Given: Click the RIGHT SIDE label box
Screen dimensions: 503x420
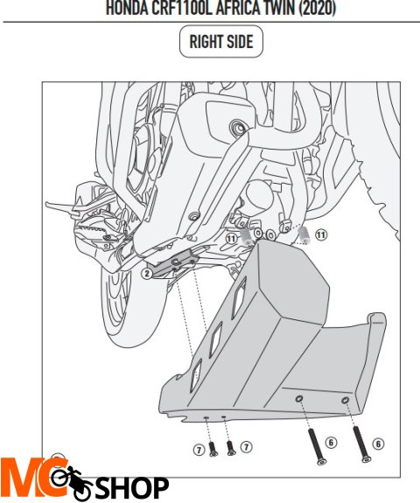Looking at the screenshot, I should point(220,42).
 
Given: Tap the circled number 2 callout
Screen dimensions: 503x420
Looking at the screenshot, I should point(147,273).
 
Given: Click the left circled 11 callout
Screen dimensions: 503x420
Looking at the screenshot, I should point(231,237).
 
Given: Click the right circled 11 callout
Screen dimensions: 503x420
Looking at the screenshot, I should point(321,235).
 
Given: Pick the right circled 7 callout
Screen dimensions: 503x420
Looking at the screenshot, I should point(248,447).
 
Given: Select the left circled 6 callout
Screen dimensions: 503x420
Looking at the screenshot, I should point(330,444).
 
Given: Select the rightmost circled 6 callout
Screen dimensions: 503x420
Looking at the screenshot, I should point(377,444).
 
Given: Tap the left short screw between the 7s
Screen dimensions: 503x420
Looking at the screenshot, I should point(212,448).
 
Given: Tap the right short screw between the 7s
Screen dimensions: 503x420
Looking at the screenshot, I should point(230,447).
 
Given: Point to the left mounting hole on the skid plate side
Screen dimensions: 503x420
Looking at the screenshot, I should point(301,399).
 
